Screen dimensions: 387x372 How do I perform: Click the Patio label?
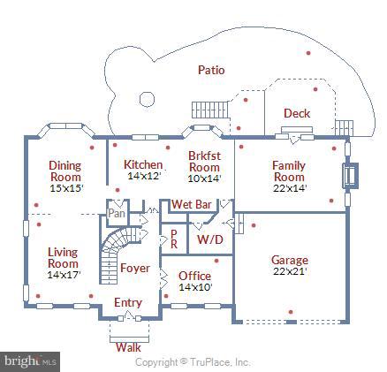point(211,70)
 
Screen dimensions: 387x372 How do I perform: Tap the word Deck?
point(297,113)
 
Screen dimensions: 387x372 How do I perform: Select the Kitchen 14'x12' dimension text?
point(144,176)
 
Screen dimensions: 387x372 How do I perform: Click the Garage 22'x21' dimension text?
point(291,271)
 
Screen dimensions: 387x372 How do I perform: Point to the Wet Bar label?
point(192,204)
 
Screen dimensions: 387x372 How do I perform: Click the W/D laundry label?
point(210,239)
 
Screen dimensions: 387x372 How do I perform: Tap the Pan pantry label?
point(117,213)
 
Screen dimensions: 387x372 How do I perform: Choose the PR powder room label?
point(174,239)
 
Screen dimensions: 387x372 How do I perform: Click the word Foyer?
point(135,268)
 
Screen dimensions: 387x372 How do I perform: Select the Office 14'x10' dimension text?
point(195,287)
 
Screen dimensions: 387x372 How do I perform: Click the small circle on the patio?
point(147,99)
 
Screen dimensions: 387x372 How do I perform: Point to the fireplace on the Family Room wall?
point(350,175)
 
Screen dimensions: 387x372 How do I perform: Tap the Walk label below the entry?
point(128,347)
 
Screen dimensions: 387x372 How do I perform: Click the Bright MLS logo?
point(30,361)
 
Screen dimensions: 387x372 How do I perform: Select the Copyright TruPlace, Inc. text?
point(193,362)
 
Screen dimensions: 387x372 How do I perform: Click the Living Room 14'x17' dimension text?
point(64,275)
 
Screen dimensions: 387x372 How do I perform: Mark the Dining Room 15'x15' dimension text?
point(67,188)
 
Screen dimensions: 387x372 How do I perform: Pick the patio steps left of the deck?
point(210,110)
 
